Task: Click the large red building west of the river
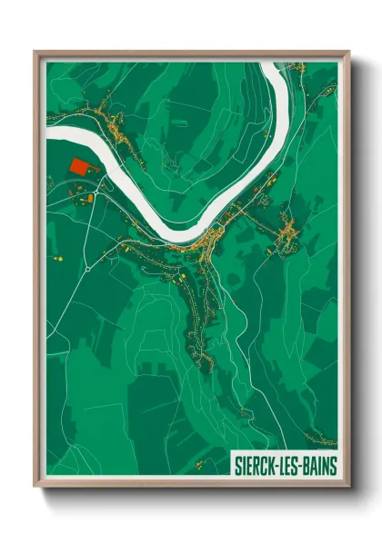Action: pos(80,167)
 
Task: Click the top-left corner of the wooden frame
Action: pos(35,52)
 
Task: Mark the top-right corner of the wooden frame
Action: pos(348,52)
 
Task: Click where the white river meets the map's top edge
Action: pos(273,63)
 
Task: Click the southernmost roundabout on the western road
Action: pos(86,270)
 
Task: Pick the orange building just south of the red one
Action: pos(89,197)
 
